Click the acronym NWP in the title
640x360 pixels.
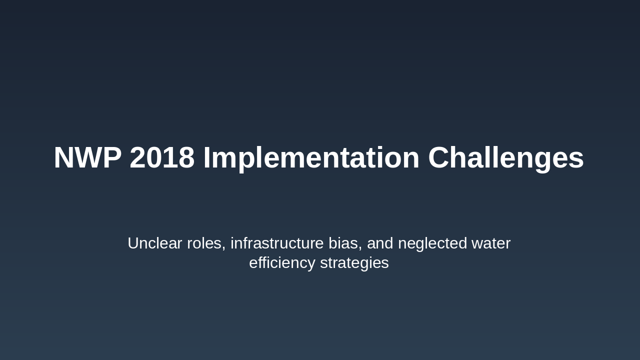(x=87, y=157)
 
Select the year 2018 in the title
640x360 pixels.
(x=162, y=157)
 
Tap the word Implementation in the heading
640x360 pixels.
(x=311, y=159)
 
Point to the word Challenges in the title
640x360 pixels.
(x=506, y=159)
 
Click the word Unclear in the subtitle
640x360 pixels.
(x=155, y=243)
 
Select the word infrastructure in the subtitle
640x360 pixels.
(x=277, y=243)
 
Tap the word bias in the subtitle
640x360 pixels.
(x=343, y=243)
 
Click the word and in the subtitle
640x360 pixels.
(x=380, y=243)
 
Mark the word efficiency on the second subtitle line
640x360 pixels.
(x=282, y=263)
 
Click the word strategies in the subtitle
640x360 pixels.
(x=354, y=263)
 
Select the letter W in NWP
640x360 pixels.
(x=87, y=157)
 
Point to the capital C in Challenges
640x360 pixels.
(x=438, y=157)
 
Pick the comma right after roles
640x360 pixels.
(x=223, y=248)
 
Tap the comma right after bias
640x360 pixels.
(x=359, y=248)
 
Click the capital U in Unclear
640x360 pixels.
(x=133, y=243)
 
